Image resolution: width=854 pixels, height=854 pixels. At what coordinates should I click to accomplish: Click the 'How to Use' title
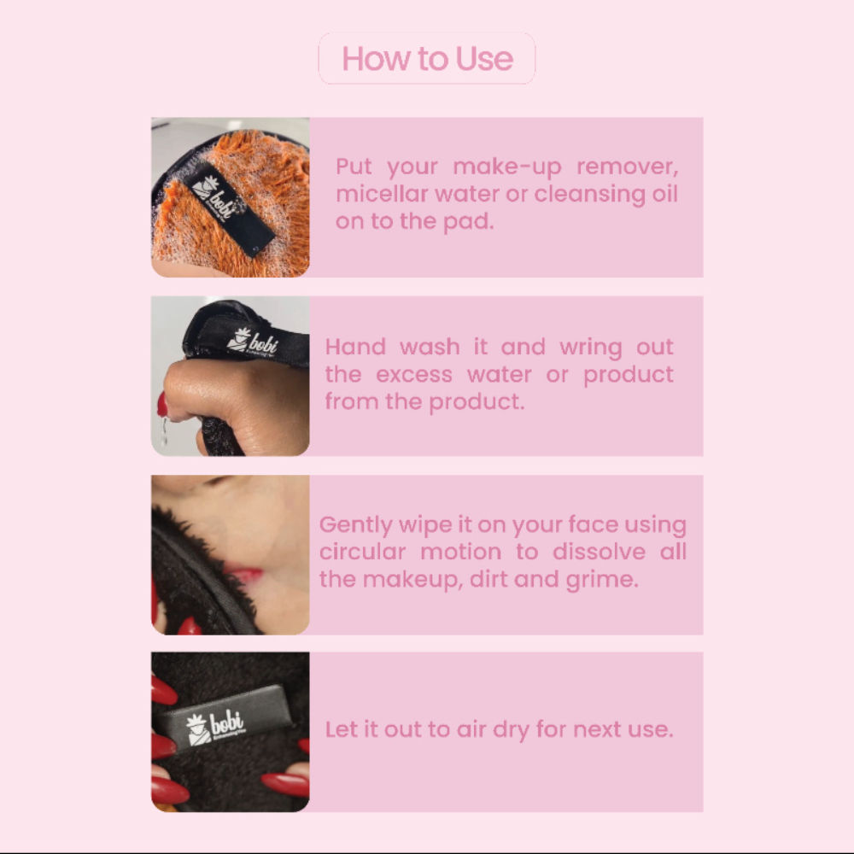427,59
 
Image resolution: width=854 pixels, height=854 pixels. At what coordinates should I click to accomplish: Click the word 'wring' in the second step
590,348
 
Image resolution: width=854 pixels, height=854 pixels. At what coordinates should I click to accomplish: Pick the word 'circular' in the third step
364,551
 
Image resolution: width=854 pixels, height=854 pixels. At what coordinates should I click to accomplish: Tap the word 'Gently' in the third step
355,524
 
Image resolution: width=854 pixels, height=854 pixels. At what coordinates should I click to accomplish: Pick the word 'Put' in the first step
354,166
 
